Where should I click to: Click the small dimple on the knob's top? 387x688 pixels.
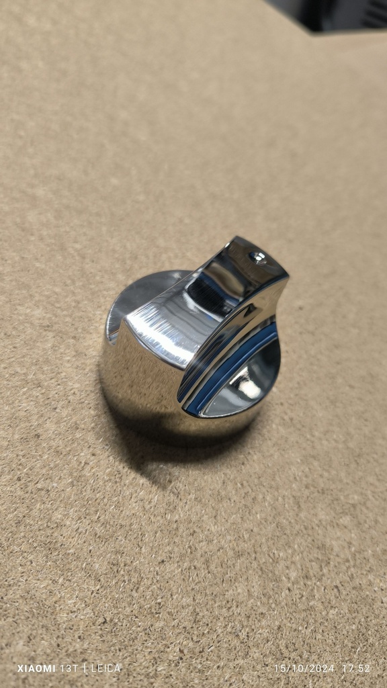click(259, 257)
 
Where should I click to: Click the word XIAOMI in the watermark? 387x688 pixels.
click(36, 669)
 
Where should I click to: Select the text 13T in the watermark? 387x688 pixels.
click(69, 669)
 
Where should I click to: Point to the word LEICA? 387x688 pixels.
click(105, 669)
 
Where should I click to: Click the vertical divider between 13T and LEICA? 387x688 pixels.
click(85, 669)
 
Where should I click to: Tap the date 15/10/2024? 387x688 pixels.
click(304, 669)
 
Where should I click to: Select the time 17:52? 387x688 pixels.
click(356, 669)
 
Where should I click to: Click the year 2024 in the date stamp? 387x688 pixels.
click(322, 669)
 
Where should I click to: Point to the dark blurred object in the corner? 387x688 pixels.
click(333, 15)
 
